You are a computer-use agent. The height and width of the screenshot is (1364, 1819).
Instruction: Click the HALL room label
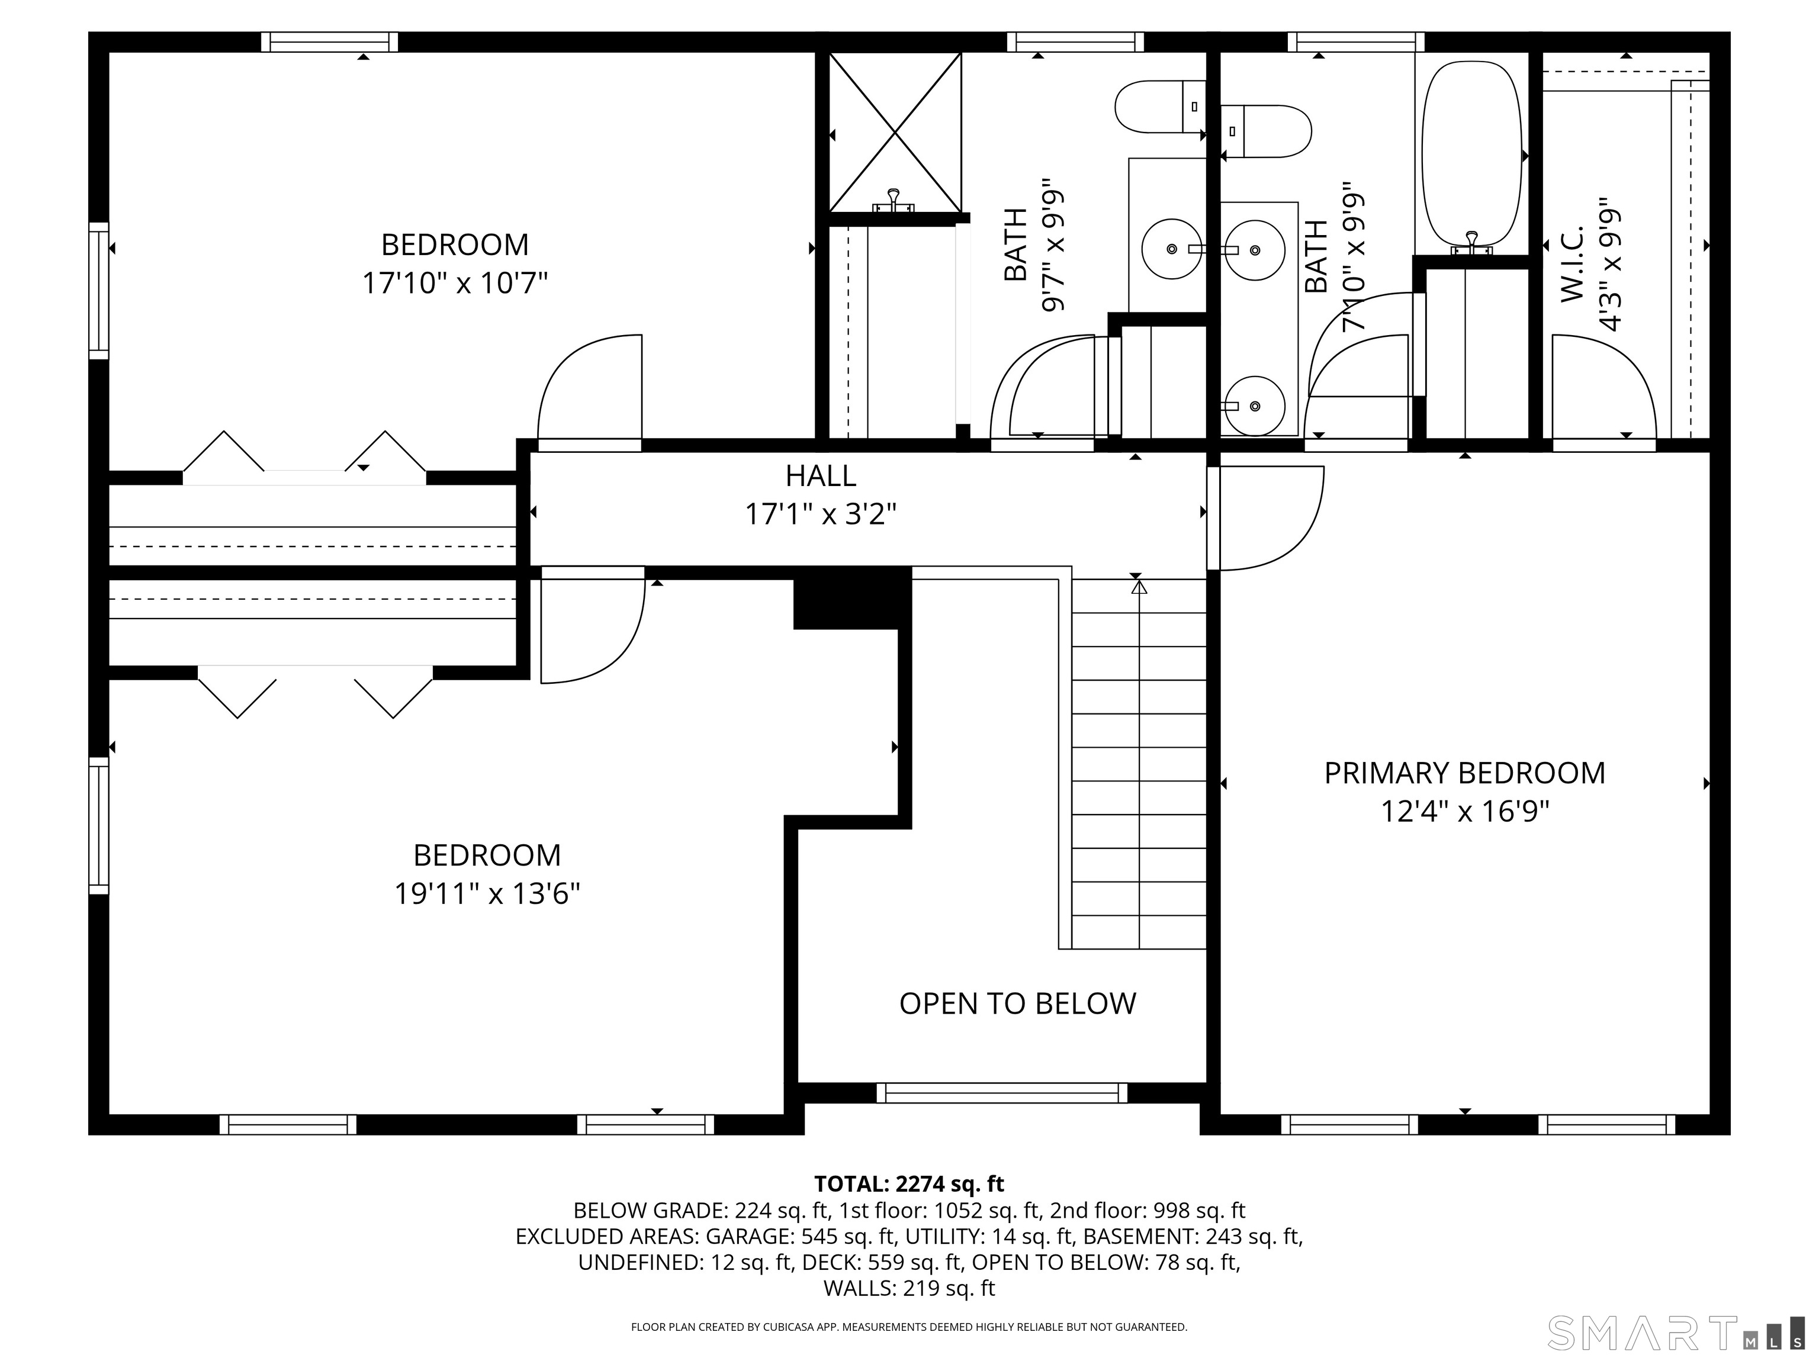pos(820,476)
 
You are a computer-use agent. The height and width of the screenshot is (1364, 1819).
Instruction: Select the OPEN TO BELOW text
pos(1017,1004)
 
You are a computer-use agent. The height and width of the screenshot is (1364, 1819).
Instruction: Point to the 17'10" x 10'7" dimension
pos(455,284)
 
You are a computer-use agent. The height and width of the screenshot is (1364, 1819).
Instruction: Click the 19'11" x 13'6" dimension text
pos(487,894)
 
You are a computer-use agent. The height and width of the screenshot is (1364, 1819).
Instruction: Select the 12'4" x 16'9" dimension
pos(1464,812)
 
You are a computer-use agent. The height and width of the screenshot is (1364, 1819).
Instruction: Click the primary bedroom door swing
pos(1271,518)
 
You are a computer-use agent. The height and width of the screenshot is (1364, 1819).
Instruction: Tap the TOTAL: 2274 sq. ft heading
pos(909,1184)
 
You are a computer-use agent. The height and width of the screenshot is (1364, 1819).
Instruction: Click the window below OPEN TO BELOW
pos(1002,1093)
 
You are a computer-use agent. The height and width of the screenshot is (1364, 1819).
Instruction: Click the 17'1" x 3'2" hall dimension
pos(820,514)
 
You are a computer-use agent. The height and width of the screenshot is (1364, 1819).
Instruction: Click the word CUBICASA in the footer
pos(790,1327)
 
